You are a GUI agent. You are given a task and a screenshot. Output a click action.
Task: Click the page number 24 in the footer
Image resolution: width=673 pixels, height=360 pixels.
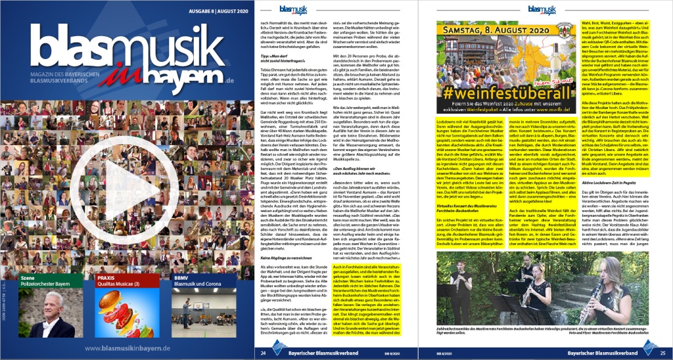tap(264, 353)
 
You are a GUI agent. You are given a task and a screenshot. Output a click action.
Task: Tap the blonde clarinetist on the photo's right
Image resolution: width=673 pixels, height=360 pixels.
tap(597, 302)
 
